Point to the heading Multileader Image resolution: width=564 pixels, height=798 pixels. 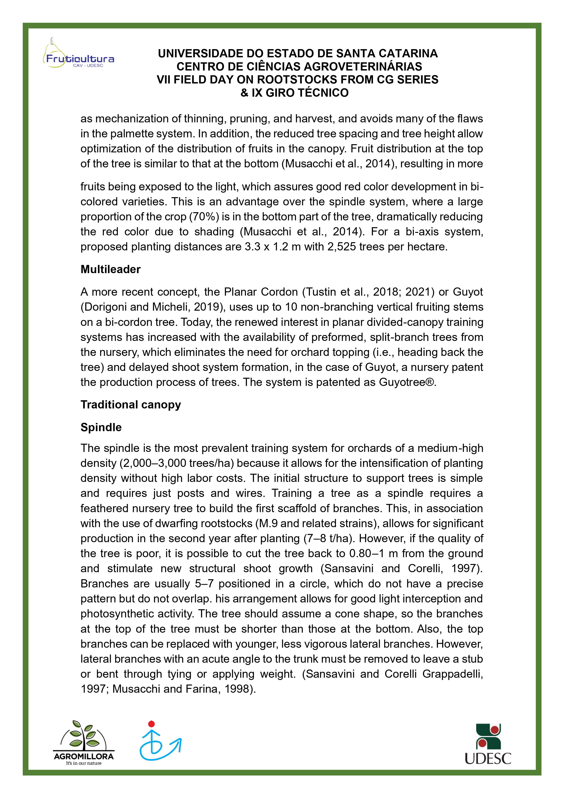pyautogui.click(x=111, y=269)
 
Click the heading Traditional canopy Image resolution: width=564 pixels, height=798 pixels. pyautogui.click(x=131, y=405)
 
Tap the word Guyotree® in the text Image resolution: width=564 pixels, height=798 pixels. pyautogui.click(x=407, y=382)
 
